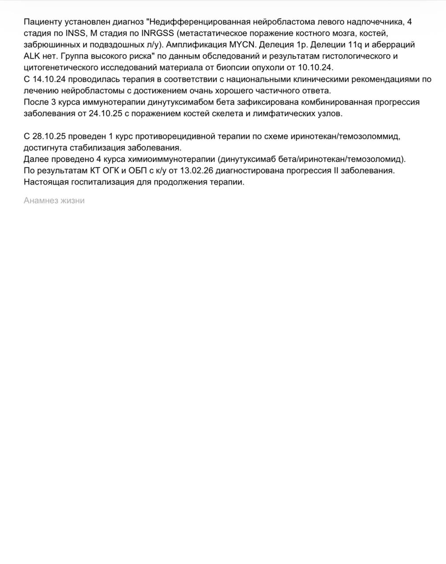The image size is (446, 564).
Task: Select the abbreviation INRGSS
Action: point(158,33)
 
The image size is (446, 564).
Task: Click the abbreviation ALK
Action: point(32,56)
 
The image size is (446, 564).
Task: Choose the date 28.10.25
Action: point(49,136)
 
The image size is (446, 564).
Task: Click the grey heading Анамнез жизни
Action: point(54,200)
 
